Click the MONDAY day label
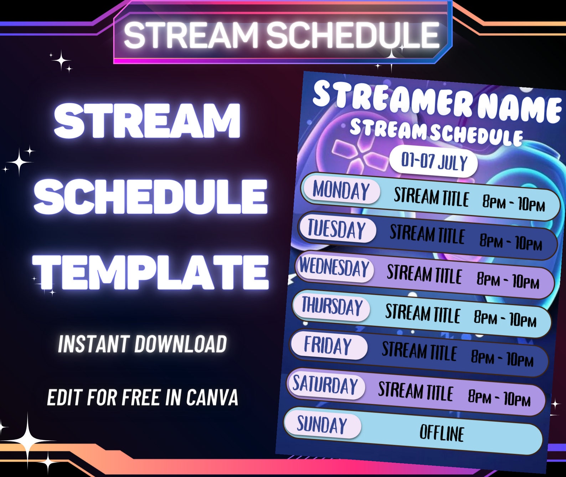coord(341,190)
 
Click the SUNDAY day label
coord(322,424)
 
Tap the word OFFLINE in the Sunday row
coord(442,433)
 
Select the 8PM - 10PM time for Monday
coord(514,204)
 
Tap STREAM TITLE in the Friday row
coord(419,351)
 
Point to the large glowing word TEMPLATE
coord(151,272)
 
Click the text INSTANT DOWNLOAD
coord(142,344)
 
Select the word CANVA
coord(212,397)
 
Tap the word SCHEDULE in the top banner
coord(353,35)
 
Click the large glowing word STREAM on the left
coord(147,121)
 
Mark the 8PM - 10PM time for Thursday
coord(505,318)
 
